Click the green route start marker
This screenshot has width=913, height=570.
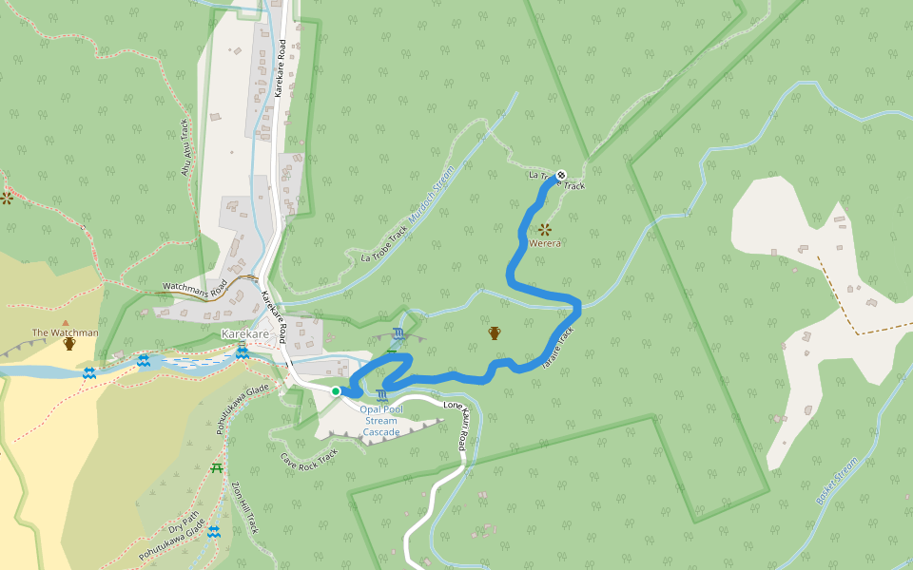pos(336,390)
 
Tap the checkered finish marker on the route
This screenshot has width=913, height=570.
pos(561,175)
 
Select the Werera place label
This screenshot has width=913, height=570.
pos(545,243)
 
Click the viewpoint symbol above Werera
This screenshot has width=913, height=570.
pos(545,229)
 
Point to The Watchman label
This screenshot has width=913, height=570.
pos(66,332)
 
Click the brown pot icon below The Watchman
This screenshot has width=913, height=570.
pos(68,345)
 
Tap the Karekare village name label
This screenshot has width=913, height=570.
pos(245,334)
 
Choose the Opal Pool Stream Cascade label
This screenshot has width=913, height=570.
pos(381,420)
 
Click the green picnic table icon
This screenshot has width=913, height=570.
pos(217,467)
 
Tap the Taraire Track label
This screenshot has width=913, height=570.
pos(559,349)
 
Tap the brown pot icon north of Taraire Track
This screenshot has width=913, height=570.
pos(495,332)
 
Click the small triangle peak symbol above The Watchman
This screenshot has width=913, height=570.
pos(66,322)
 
